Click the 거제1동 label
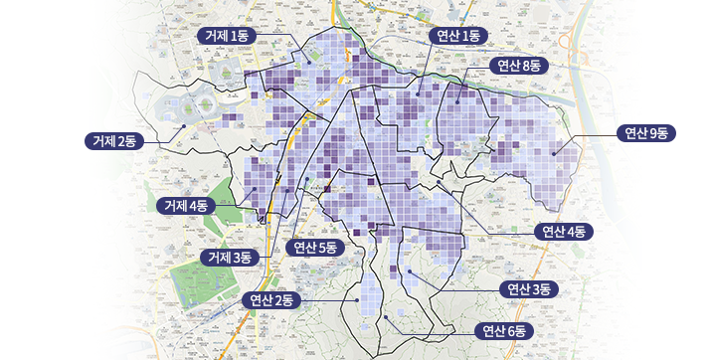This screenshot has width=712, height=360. click(x=228, y=35)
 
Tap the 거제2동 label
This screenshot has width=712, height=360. click(x=114, y=140)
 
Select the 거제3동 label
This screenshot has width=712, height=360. click(x=230, y=257)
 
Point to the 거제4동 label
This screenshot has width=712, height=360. click(x=186, y=205)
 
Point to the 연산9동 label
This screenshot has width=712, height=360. click(x=645, y=133)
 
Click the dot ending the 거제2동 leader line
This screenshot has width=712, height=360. click(x=183, y=126)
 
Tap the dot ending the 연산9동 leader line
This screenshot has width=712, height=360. click(x=556, y=153)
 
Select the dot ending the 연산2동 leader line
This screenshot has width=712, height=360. click(x=356, y=298)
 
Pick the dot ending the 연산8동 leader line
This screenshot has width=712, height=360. click(x=457, y=100)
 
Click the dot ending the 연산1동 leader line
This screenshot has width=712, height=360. click(x=419, y=94)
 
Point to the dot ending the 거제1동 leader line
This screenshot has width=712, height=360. click(x=308, y=62)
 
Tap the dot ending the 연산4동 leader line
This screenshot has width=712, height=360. click(x=438, y=182)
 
